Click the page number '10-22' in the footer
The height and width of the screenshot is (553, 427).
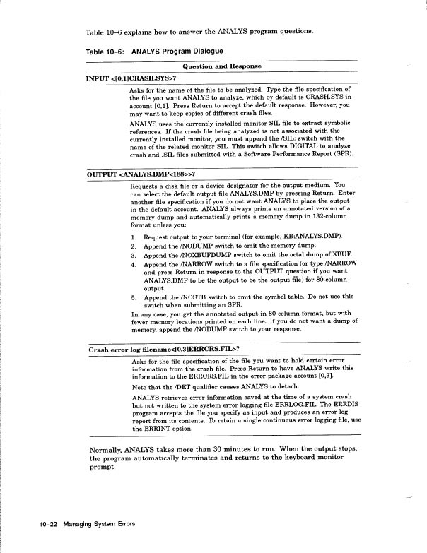49,525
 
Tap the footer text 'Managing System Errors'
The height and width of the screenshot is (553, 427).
99,525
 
